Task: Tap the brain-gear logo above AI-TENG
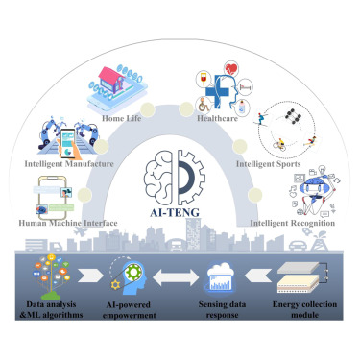178,171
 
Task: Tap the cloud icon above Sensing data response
223,281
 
